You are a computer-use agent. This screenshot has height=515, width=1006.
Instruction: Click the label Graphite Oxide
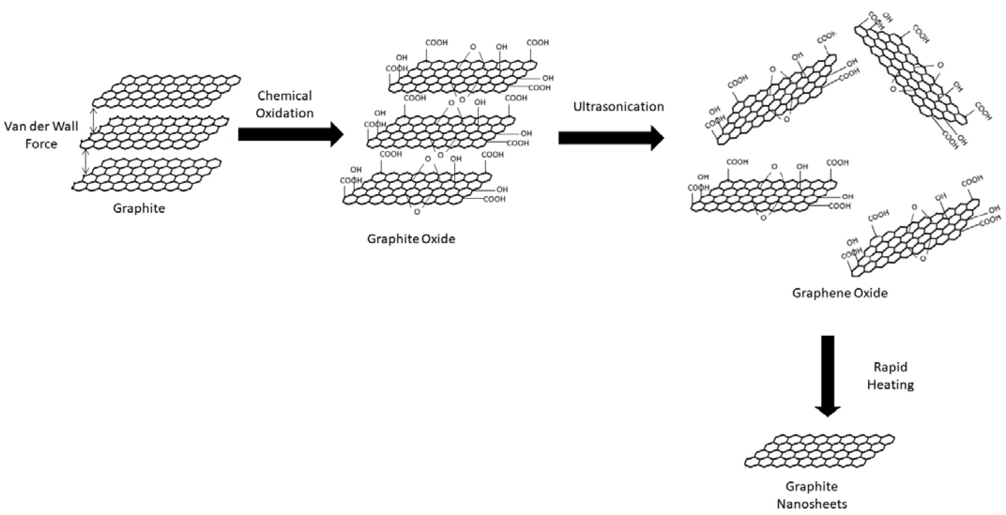(x=411, y=239)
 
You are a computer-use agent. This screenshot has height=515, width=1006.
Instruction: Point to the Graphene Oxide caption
(x=840, y=293)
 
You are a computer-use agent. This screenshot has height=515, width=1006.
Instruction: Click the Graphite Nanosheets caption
(x=811, y=495)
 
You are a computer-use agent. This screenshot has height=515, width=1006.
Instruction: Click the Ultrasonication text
(x=618, y=107)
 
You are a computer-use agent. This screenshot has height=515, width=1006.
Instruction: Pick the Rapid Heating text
(x=891, y=376)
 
